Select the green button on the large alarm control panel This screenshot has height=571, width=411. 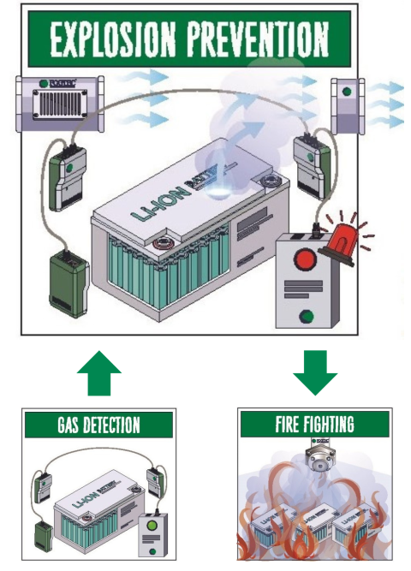(x=303, y=314)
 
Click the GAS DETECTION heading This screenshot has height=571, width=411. (x=98, y=424)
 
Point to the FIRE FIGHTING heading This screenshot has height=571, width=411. (x=315, y=424)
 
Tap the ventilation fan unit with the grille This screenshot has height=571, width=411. (x=58, y=101)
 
